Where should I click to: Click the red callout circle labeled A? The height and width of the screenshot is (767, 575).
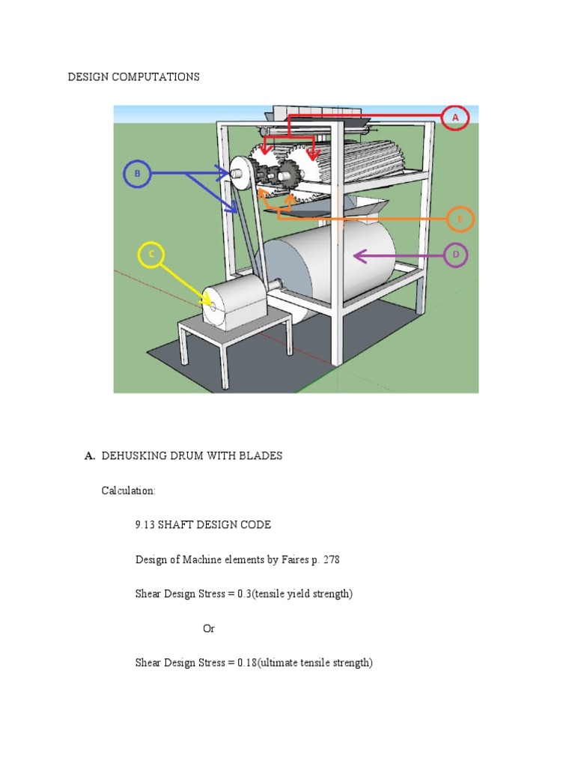(454, 118)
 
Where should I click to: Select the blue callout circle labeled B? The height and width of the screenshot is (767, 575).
(137, 175)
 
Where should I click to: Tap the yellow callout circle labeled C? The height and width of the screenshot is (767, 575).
(151, 255)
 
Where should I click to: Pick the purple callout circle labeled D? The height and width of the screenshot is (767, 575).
(455, 255)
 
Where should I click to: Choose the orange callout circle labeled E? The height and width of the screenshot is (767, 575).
(460, 219)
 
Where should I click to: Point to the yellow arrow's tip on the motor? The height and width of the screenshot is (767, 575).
(207, 303)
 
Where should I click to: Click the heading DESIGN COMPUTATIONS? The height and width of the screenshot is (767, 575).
(134, 77)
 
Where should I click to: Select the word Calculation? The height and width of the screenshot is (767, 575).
(129, 491)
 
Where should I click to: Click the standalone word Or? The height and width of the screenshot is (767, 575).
(209, 628)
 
